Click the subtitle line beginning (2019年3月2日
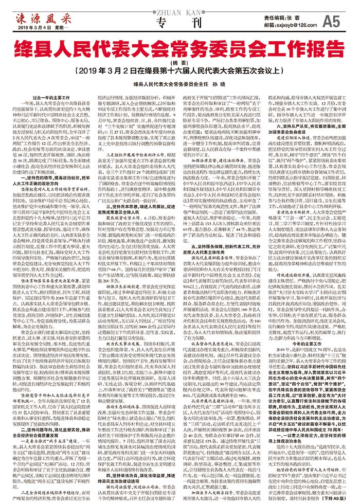(179, 70)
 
